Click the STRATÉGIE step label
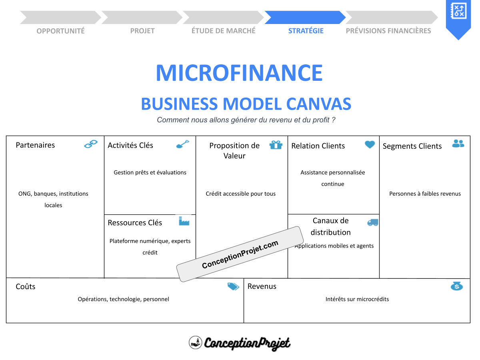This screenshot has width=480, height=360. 306,31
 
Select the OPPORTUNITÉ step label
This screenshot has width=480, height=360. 60,31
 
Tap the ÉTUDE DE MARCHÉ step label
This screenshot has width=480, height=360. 223,31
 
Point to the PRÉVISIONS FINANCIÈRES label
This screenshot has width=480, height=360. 388,31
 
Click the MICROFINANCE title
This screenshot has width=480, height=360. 239,73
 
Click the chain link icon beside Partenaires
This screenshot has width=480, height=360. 91,144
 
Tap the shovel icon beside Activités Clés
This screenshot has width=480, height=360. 183,144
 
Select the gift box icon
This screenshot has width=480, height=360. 276,145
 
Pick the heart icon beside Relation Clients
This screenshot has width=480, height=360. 370,144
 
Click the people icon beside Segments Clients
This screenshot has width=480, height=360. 458,144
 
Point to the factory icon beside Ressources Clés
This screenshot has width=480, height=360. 184,221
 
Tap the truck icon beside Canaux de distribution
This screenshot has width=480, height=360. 372,222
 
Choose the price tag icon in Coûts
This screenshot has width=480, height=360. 233,286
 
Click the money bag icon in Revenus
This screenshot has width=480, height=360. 456,286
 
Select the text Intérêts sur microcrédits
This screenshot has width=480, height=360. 357,299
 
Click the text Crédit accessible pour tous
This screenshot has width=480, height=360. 241,194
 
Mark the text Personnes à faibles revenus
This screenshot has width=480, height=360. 425,194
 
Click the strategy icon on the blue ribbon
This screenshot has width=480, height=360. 458,10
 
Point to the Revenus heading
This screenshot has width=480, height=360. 262,286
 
